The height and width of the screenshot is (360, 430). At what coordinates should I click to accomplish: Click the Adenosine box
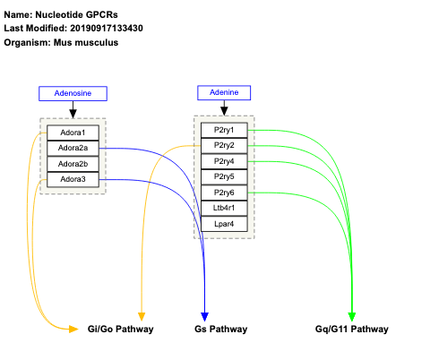click(73, 93)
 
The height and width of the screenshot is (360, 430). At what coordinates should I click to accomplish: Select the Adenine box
click(223, 92)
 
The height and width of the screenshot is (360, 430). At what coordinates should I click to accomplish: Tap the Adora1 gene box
click(73, 133)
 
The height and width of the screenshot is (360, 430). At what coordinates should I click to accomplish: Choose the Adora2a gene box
click(73, 148)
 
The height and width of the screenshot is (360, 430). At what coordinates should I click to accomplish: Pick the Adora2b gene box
click(73, 164)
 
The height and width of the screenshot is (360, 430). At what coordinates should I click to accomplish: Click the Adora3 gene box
click(73, 179)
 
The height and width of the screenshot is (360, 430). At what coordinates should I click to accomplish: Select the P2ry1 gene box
click(223, 130)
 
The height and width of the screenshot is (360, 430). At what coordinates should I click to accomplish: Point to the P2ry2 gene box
click(223, 145)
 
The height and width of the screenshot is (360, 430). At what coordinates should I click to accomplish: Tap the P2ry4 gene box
click(223, 161)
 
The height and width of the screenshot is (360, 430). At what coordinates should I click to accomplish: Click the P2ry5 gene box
click(223, 176)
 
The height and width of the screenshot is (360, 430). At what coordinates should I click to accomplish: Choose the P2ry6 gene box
click(223, 193)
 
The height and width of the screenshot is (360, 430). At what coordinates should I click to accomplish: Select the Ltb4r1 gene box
click(223, 208)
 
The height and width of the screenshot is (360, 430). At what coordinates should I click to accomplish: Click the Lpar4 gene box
click(223, 224)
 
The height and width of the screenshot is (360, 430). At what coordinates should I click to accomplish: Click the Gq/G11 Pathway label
click(352, 330)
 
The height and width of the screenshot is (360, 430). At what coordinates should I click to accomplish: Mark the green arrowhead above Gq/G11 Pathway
click(352, 316)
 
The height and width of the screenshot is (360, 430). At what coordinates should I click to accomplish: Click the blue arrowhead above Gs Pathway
click(205, 316)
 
